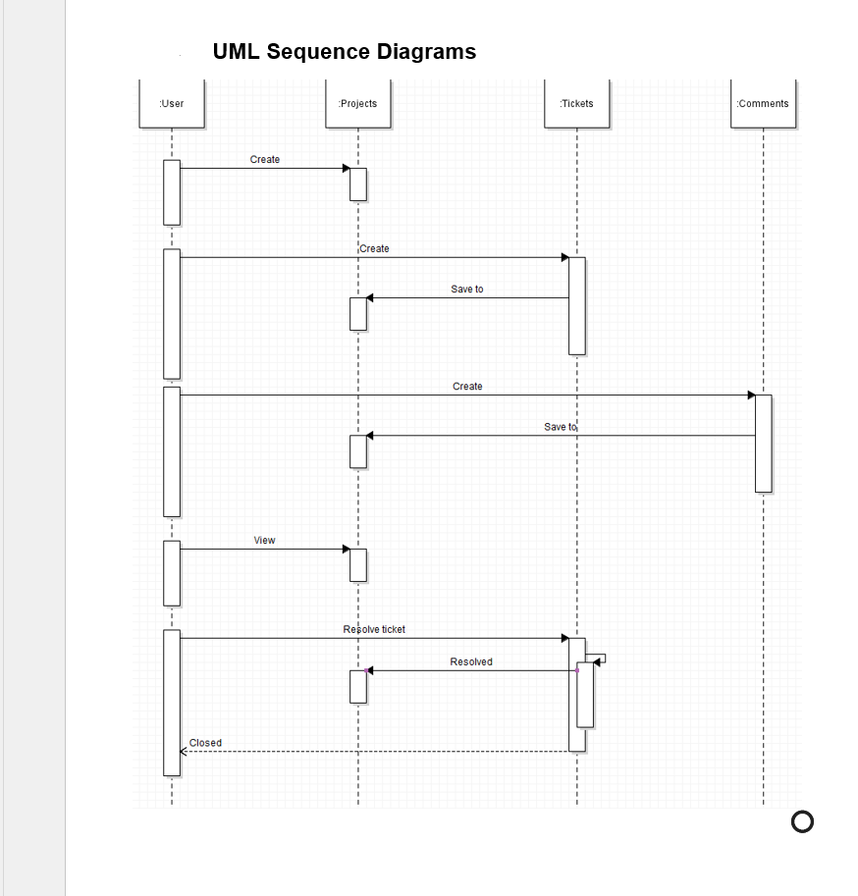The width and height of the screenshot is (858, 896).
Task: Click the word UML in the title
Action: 237,52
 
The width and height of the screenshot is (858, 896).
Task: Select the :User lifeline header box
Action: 172,103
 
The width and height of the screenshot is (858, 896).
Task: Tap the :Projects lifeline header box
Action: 358,103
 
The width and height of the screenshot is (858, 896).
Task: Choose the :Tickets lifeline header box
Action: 577,103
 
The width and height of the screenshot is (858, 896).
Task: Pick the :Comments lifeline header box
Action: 764,103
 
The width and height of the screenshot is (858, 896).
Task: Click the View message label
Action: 264,541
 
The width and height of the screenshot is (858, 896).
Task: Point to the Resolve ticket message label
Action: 373,629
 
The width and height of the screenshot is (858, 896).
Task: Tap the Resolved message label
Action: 471,662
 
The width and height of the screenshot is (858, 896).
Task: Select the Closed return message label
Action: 205,743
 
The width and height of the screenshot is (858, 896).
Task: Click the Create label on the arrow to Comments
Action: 467,387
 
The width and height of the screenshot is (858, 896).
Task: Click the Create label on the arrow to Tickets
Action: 374,249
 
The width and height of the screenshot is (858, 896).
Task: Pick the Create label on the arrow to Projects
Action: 264,160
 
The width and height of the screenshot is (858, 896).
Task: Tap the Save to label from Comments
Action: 561,427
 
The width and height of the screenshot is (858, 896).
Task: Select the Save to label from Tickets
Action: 467,290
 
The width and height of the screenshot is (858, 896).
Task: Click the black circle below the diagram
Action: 802,821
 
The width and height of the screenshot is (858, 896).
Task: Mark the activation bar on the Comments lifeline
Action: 764,444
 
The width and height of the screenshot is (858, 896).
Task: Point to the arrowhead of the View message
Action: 346,550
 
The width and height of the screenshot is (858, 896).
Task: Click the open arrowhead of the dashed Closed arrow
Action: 184,752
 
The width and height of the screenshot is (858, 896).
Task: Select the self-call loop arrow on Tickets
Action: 600,659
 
